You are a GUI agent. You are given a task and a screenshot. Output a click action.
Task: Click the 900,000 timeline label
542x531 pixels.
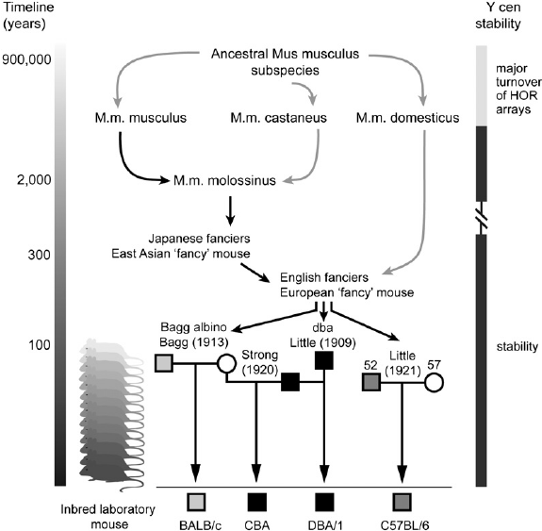point(26,59)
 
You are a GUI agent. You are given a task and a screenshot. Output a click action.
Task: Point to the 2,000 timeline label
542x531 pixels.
point(34,180)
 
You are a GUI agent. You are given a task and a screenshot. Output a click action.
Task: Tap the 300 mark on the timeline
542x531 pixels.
point(39,255)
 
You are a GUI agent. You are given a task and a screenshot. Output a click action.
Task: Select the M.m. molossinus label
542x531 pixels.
point(224,180)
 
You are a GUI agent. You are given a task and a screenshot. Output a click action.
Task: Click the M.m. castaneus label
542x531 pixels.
point(279,118)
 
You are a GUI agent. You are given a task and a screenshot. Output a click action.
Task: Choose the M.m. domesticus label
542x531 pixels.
point(407,118)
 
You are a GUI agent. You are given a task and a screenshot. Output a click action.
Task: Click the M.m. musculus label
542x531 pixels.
point(140,118)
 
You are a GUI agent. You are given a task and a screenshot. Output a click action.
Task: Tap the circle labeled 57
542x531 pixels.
point(434,383)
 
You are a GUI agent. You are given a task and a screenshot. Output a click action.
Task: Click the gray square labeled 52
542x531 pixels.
point(371,382)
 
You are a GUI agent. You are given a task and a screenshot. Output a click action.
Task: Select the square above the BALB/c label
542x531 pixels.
point(196,502)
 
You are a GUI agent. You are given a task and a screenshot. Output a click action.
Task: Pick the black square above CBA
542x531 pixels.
point(257,502)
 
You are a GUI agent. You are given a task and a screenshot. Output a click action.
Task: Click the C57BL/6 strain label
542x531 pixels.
point(402,525)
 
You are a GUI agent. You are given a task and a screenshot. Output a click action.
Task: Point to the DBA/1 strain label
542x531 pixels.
point(325,525)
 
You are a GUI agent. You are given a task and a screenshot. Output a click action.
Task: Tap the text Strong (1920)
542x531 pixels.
point(260,362)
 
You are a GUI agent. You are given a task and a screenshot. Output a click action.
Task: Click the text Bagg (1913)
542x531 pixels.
point(194,342)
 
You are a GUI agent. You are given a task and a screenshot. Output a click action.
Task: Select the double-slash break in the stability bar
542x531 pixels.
point(482,218)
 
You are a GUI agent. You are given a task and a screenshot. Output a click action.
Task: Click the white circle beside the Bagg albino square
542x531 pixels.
point(226,363)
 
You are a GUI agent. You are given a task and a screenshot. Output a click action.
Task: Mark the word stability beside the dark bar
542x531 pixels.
point(517,346)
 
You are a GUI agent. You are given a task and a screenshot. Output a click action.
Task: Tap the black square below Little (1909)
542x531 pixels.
point(324,360)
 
